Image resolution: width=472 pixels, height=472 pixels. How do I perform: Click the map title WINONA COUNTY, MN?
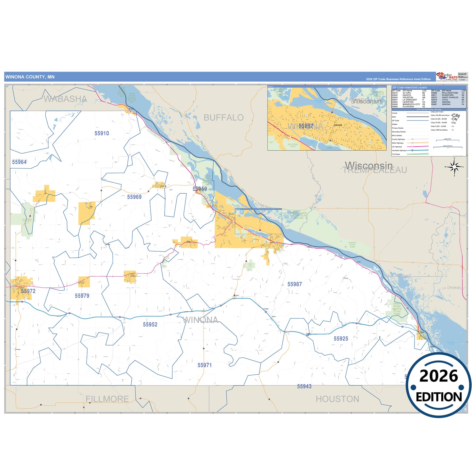[x=30, y=77]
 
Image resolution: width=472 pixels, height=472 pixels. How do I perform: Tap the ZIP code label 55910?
[x=102, y=133]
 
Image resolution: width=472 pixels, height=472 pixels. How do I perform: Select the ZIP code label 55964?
[x=19, y=162]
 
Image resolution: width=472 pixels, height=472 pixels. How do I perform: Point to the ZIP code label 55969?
[x=134, y=197]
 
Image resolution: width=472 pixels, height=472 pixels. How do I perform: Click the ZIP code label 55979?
[x=82, y=296]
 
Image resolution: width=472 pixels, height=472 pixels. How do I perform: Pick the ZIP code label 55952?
[x=150, y=324]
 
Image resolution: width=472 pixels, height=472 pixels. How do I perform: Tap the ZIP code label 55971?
[x=204, y=365]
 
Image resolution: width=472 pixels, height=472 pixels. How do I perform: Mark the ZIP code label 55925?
[x=341, y=339]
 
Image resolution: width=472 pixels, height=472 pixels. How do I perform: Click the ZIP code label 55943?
[x=304, y=386]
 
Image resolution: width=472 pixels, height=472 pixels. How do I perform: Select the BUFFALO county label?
[x=223, y=118]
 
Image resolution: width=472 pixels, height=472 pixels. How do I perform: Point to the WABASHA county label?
[x=65, y=99]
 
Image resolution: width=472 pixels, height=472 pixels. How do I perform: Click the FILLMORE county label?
[x=107, y=399]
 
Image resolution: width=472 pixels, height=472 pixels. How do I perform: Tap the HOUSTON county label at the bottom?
[x=337, y=399]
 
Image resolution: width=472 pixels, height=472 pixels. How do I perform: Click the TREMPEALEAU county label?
[x=375, y=171]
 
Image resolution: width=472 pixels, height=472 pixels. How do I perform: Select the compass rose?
[x=454, y=167]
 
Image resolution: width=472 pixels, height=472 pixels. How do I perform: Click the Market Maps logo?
[x=447, y=77]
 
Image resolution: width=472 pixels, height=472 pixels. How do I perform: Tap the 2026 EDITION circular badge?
[x=438, y=385]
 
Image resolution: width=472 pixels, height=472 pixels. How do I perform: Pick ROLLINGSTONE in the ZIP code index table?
[x=450, y=93]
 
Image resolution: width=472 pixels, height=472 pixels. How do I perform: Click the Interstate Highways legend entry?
[x=399, y=151]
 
